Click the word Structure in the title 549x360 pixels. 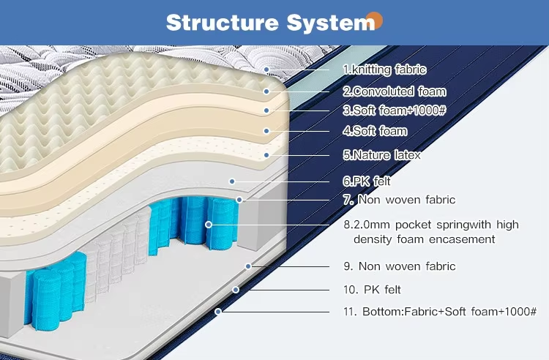point(217,22)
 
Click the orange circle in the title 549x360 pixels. point(374,19)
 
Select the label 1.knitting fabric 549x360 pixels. point(384,70)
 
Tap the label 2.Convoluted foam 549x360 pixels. point(394,91)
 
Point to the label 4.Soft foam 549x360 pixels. point(375,132)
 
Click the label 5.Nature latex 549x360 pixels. point(381,155)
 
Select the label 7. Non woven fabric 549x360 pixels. point(399,199)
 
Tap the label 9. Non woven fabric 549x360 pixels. point(399,266)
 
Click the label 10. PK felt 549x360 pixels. point(372,290)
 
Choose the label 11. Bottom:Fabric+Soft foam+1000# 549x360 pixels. point(440,312)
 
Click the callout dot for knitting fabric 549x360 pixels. point(267,70)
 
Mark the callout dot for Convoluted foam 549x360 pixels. point(267,91)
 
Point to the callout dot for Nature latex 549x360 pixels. point(267,155)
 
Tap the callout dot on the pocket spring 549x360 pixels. point(209,224)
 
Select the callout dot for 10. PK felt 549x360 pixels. point(236,290)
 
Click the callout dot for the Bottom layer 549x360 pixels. point(218,312)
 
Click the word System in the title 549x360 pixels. point(327,22)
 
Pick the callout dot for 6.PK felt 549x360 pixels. point(232,181)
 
